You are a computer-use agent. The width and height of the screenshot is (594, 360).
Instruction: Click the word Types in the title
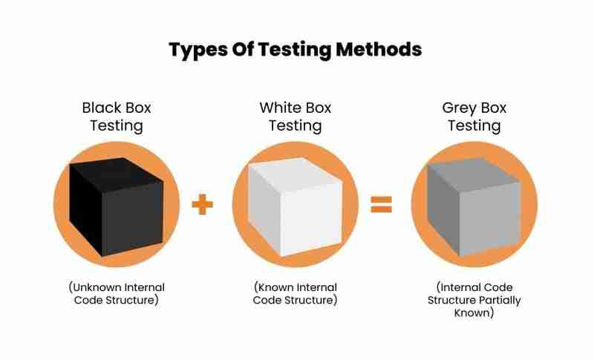pyautogui.click(x=198, y=50)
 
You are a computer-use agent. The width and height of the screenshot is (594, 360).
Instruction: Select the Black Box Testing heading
pyautogui.click(x=117, y=117)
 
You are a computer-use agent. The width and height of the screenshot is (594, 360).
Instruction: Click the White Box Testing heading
pyautogui.click(x=296, y=117)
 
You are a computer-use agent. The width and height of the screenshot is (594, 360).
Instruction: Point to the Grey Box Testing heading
pyautogui.click(x=474, y=117)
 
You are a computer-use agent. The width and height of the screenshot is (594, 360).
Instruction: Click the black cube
pyautogui.click(x=117, y=206)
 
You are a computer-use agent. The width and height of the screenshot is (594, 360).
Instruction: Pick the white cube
pyautogui.click(x=295, y=206)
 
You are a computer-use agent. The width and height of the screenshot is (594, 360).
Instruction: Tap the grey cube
pyautogui.click(x=474, y=206)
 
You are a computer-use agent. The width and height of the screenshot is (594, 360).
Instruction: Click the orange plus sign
pyautogui.click(x=202, y=204)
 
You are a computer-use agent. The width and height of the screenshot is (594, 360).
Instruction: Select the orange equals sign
pyautogui.click(x=381, y=204)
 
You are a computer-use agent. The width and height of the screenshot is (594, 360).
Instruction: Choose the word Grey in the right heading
pyautogui.click(x=459, y=108)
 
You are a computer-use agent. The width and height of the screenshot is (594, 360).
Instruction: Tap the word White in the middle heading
pyautogui.click(x=279, y=108)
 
